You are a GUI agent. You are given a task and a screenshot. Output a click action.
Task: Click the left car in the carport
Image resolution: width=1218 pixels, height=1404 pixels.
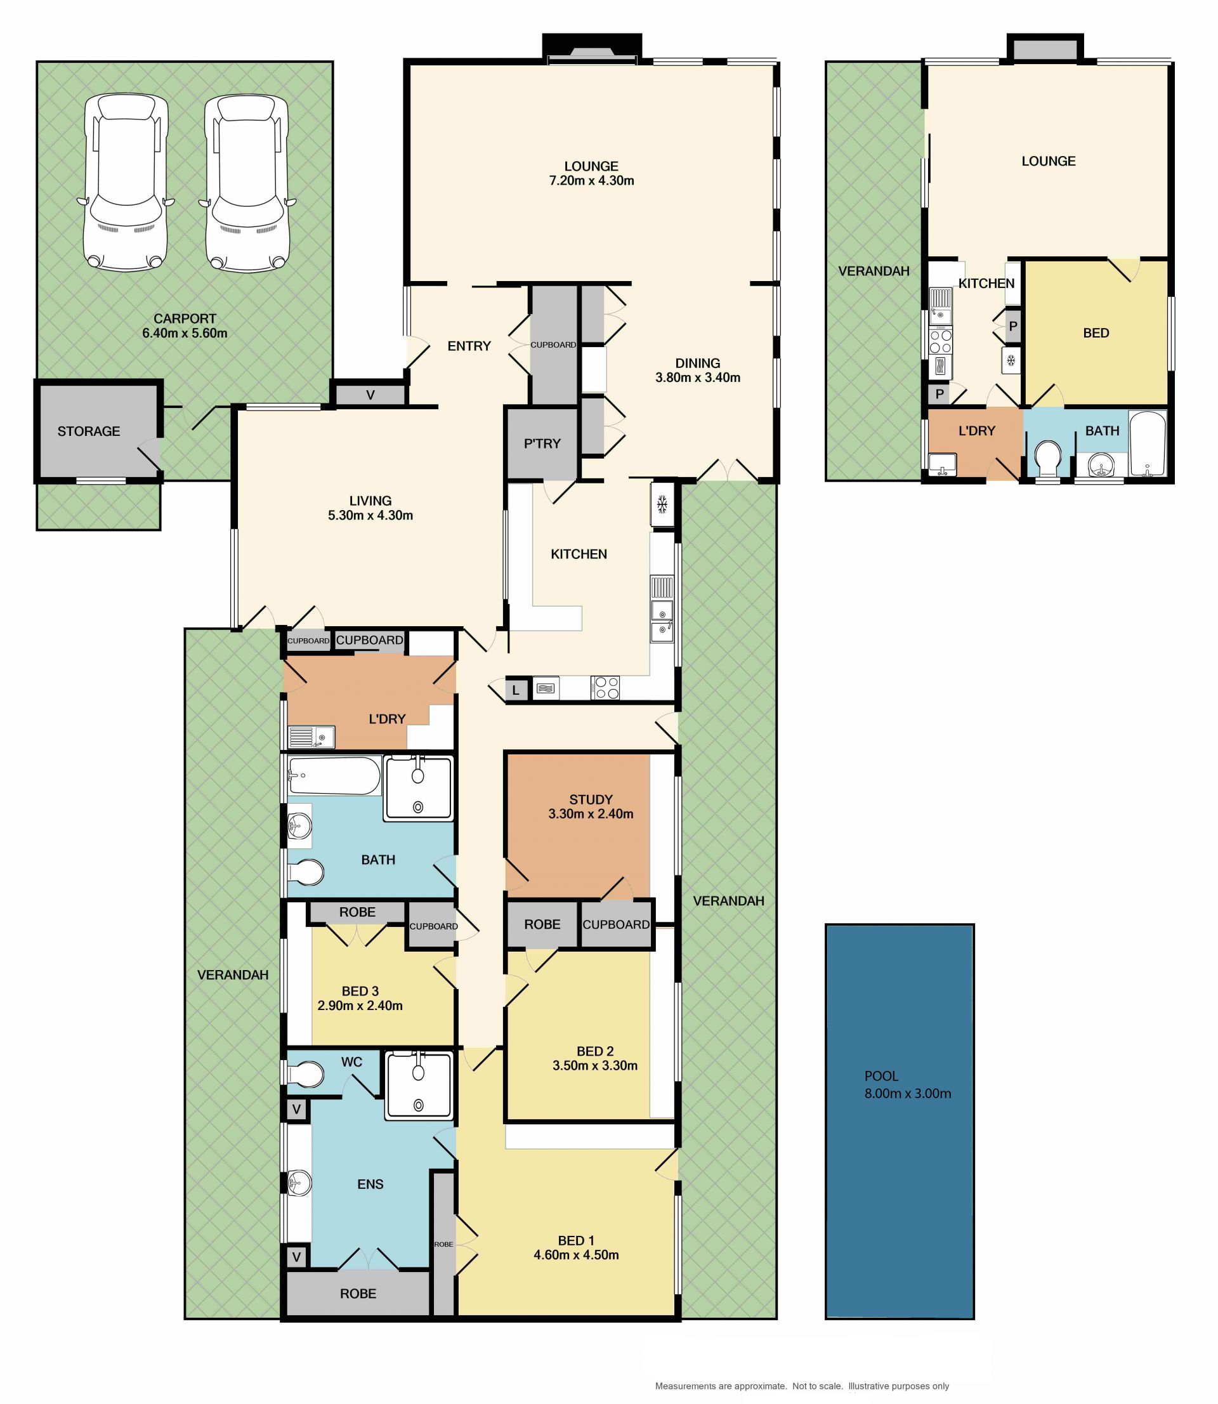click(125, 183)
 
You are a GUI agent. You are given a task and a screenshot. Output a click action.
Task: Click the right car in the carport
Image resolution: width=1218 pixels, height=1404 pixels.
click(247, 183)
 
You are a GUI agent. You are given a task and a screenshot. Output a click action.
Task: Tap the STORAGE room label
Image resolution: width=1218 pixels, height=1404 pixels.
click(88, 431)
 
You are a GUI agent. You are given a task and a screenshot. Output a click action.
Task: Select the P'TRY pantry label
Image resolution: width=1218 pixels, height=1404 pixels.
click(542, 443)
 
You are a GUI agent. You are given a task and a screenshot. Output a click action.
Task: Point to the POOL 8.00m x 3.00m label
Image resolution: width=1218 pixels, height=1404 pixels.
click(907, 1085)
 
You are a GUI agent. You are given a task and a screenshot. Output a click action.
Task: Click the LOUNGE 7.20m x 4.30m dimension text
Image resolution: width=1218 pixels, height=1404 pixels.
click(591, 181)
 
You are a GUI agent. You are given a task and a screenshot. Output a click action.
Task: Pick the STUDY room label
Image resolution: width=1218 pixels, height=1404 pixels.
click(591, 800)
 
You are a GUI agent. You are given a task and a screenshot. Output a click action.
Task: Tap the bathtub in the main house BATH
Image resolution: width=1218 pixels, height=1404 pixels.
click(334, 775)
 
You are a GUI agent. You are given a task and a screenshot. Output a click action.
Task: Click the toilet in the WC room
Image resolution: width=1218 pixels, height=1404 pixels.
click(305, 1074)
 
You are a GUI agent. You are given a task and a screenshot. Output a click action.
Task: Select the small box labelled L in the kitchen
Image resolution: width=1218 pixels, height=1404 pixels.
click(516, 690)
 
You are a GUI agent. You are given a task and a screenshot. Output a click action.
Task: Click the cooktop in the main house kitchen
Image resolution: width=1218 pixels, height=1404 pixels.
click(605, 688)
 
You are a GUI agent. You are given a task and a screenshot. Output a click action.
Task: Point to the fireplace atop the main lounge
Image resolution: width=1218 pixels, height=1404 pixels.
click(591, 51)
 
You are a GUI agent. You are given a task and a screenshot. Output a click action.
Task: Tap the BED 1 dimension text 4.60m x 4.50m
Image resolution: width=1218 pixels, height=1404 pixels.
click(576, 1255)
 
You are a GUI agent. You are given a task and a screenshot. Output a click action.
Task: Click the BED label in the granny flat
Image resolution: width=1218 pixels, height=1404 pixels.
click(1096, 333)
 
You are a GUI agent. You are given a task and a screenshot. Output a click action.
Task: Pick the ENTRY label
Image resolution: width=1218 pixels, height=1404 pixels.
click(469, 346)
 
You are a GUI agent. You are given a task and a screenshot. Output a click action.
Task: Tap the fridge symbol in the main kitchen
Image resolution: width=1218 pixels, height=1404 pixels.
click(662, 504)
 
